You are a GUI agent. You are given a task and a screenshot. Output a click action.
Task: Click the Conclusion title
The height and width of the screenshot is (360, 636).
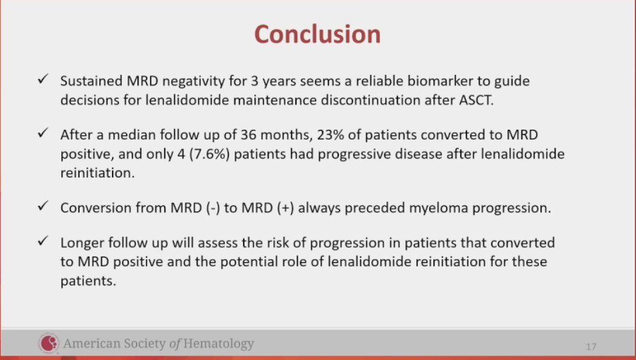[x=317, y=34]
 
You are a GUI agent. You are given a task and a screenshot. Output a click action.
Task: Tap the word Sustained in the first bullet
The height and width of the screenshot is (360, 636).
[x=91, y=81]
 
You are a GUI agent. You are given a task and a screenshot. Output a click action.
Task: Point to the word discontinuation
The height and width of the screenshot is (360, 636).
[x=370, y=100]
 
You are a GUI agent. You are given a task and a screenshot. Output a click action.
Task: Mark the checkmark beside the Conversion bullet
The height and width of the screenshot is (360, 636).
[x=43, y=206]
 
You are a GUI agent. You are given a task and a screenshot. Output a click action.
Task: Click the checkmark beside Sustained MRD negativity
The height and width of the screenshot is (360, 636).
[x=43, y=78]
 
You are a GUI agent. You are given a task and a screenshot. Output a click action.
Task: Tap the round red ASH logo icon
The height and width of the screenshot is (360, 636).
[x=48, y=343]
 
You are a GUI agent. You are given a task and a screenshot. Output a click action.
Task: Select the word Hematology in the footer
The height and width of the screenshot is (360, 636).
[x=218, y=344]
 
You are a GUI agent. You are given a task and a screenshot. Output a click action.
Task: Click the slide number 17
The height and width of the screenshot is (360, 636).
[x=591, y=347]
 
